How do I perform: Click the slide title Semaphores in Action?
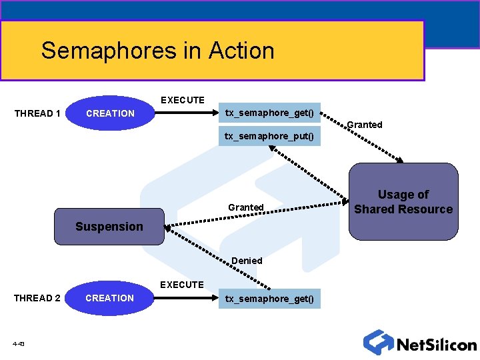157,51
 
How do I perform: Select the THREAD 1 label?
37,113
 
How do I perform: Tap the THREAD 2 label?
37,298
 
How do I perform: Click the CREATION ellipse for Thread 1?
110,113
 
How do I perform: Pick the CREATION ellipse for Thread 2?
110,298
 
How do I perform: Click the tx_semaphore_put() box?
269,136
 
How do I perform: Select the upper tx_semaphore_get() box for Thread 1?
269,113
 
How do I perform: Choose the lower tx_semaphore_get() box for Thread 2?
269,298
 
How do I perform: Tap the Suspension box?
109,227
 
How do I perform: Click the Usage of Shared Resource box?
403,201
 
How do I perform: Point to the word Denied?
247,261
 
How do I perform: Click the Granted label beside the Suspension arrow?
246,207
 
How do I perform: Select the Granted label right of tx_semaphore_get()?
365,125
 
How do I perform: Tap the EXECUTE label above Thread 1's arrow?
183,100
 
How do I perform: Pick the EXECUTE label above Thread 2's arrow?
181,285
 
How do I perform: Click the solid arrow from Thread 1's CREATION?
187,113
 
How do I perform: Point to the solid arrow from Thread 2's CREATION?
187,298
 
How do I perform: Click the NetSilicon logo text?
437,345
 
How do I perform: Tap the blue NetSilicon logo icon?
379,342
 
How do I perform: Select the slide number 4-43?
19,344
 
